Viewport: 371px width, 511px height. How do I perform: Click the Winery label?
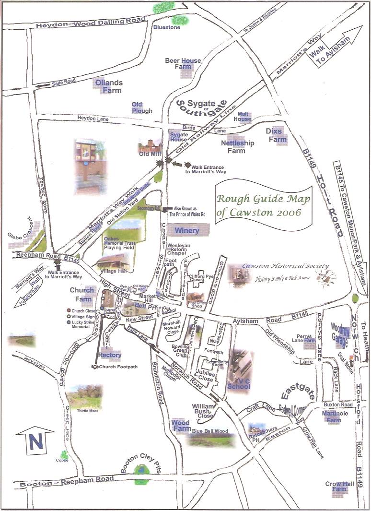coord(186,231)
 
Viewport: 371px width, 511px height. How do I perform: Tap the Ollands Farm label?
coord(108,86)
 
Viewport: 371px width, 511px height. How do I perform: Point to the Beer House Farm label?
coord(183,63)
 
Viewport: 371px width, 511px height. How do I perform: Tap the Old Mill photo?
coord(149,147)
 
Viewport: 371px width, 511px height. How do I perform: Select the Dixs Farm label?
coord(277,135)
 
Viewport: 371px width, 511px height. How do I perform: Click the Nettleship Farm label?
coord(237,147)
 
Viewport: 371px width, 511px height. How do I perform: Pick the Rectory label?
coord(110,355)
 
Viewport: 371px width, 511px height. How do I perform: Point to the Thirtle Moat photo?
coord(84,396)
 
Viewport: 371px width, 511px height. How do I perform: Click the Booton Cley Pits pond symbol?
coord(141,470)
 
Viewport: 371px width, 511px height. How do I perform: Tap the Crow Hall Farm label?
coord(339,487)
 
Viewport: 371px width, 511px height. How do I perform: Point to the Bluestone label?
coord(166,27)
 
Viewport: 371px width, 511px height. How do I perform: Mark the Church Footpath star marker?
coord(95,367)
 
